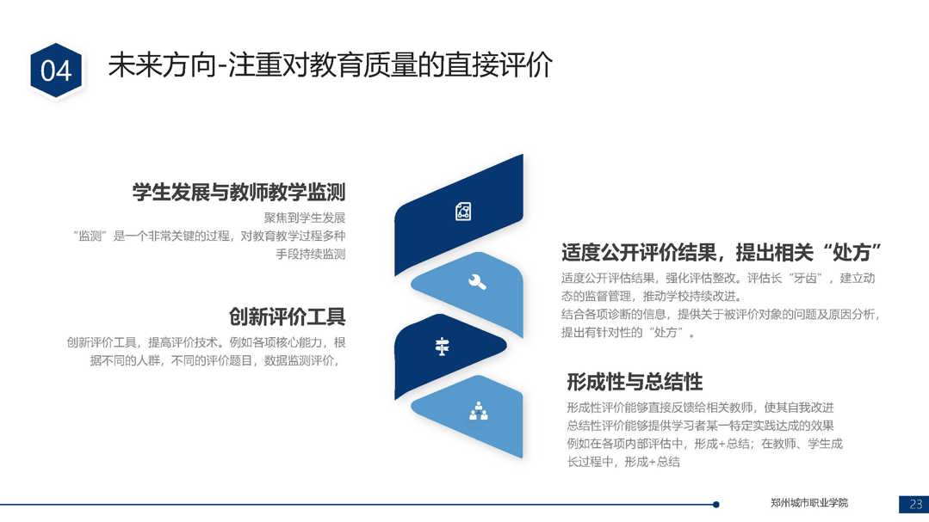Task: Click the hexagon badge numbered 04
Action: [56, 71]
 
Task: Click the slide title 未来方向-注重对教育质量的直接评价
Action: [330, 64]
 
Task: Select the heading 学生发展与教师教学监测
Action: [238, 192]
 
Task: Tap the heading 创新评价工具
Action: [288, 316]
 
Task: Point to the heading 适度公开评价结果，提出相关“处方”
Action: [721, 253]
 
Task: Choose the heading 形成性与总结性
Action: [635, 382]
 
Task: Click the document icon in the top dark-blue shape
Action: [463, 212]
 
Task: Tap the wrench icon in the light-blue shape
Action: [477, 282]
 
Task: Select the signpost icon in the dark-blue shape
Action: [442, 347]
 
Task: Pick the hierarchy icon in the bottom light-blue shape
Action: [479, 411]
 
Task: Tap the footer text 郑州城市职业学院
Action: [809, 503]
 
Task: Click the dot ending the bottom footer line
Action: [716, 504]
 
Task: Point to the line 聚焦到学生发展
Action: [305, 218]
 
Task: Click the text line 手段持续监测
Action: [311, 254]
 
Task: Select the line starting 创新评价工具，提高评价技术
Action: [206, 342]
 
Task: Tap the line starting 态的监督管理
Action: [652, 296]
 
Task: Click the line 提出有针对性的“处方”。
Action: [629, 332]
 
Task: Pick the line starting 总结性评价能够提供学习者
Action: [700, 426]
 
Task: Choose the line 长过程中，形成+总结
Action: [623, 462]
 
